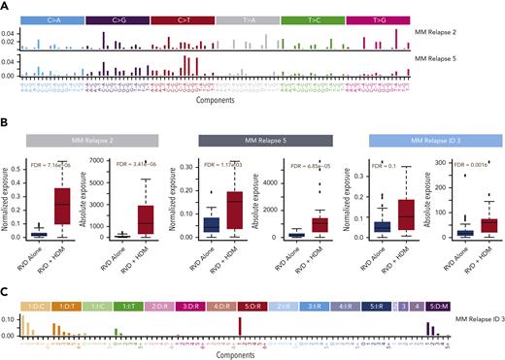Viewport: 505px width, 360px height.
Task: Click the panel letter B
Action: (6, 121)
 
